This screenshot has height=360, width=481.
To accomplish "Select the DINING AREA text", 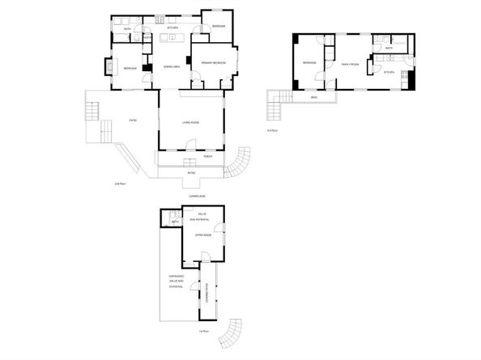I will tap(171, 66).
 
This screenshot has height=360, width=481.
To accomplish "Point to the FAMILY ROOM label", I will tap(349, 63).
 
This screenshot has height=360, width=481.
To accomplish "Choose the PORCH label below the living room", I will tap(208, 156).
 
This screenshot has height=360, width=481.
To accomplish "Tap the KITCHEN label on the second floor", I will tap(172, 28).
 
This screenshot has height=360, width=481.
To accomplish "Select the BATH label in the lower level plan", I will tap(174, 222).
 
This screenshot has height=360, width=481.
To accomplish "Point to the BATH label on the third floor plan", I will tap(389, 49).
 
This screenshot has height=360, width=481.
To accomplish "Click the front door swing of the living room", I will tap(190, 145).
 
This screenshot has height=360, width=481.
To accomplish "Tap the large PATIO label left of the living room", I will tap(133, 121).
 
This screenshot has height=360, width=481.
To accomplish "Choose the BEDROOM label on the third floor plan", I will tap(309, 63).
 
